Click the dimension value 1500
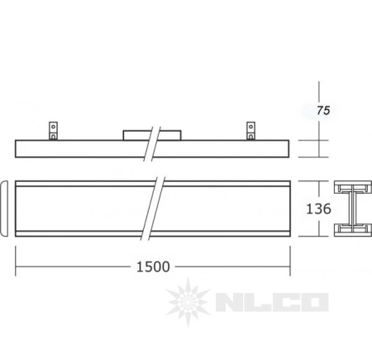[153, 266]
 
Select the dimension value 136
[318, 209]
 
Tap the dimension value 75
[323, 110]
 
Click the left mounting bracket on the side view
[53, 131]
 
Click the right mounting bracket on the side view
[250, 131]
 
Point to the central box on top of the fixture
[152, 135]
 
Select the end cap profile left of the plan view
[4, 209]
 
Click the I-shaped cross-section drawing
[353, 209]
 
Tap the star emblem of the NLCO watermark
[188, 302]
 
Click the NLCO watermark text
[272, 302]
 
